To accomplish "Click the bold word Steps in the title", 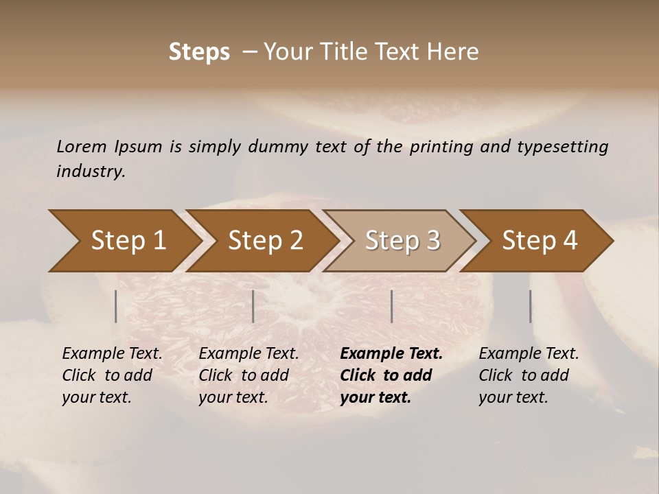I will pyautogui.click(x=199, y=52).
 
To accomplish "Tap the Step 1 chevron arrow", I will pyautogui.click(x=128, y=241).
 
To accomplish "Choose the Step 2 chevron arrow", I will pyautogui.click(x=265, y=241).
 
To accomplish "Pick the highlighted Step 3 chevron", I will pyautogui.click(x=402, y=241).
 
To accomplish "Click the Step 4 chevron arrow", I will pyautogui.click(x=540, y=241).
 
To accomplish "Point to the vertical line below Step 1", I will pyautogui.click(x=116, y=306).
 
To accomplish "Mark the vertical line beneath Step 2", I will pyautogui.click(x=253, y=306).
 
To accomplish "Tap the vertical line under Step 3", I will pyautogui.click(x=391, y=306).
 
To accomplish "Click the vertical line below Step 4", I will pyautogui.click(x=530, y=306).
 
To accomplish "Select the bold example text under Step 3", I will pyautogui.click(x=391, y=375).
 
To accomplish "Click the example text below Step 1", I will pyautogui.click(x=112, y=375).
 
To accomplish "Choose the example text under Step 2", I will pyautogui.click(x=248, y=375).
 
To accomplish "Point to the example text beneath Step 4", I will pyautogui.click(x=529, y=375).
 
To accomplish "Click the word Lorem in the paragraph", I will pyautogui.click(x=81, y=146).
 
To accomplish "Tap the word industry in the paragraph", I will pyautogui.click(x=90, y=171).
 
